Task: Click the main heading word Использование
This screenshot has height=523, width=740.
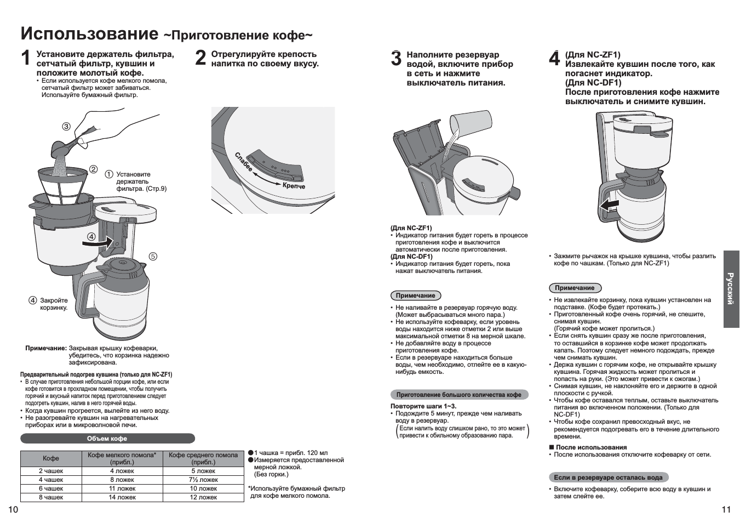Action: coord(89,34)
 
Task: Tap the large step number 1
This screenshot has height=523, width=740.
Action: coord(26,59)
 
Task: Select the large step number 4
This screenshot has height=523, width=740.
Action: coord(554,59)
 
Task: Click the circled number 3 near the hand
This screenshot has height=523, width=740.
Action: coord(66,127)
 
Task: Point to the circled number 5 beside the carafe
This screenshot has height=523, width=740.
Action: coord(153,257)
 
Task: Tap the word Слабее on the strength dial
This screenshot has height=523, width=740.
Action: coord(244,162)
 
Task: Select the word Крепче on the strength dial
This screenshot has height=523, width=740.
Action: coord(294,186)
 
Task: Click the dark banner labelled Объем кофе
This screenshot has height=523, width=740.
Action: coord(107,439)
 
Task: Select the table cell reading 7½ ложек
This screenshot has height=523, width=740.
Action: coord(203,480)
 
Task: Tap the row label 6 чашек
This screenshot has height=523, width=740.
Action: coord(51,488)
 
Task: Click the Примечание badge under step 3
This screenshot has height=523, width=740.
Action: coord(415,295)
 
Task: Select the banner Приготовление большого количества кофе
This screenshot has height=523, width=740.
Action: coord(459,395)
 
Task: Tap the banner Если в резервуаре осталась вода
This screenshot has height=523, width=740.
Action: coord(608,477)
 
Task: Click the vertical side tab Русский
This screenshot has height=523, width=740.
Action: coord(731,289)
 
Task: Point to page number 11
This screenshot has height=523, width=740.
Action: coord(726,510)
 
